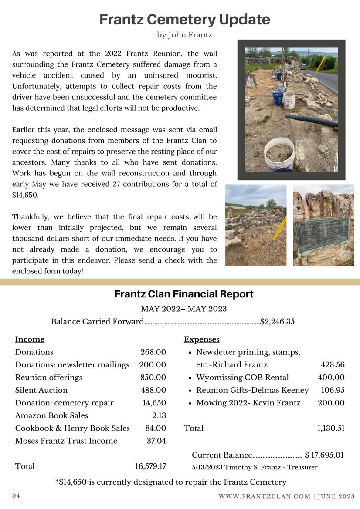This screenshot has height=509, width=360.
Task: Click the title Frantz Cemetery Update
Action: pyautogui.click(x=185, y=20)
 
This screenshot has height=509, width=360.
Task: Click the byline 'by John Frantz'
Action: pyautogui.click(x=184, y=35)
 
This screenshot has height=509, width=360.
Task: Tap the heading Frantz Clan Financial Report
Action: pyautogui.click(x=184, y=294)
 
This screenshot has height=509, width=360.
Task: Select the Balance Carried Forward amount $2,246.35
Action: pyautogui.click(x=277, y=322)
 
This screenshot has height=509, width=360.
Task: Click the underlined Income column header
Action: pyautogui.click(x=30, y=339)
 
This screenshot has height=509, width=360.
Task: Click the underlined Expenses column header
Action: pyautogui.click(x=201, y=339)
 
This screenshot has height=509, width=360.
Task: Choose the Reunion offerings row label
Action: pyautogui.click(x=48, y=378)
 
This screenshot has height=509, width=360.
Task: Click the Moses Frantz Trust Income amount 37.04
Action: pyautogui.click(x=156, y=441)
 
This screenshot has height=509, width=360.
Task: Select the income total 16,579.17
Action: pyautogui.click(x=150, y=466)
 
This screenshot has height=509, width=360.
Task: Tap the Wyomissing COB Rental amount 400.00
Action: pyautogui.click(x=331, y=378)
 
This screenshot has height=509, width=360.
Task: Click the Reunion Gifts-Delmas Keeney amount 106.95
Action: pyautogui.click(x=333, y=390)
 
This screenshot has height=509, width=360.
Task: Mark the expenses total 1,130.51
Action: pyautogui.click(x=331, y=428)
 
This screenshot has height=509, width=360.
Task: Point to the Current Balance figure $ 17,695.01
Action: pyautogui.click(x=324, y=455)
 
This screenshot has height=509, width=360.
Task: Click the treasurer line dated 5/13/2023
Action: pyautogui.click(x=254, y=467)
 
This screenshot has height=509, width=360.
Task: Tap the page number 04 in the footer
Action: pyautogui.click(x=16, y=496)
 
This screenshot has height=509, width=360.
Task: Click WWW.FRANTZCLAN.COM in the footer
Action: pyautogui.click(x=264, y=496)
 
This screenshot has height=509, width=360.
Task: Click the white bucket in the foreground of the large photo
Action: pyautogui.click(x=279, y=152)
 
